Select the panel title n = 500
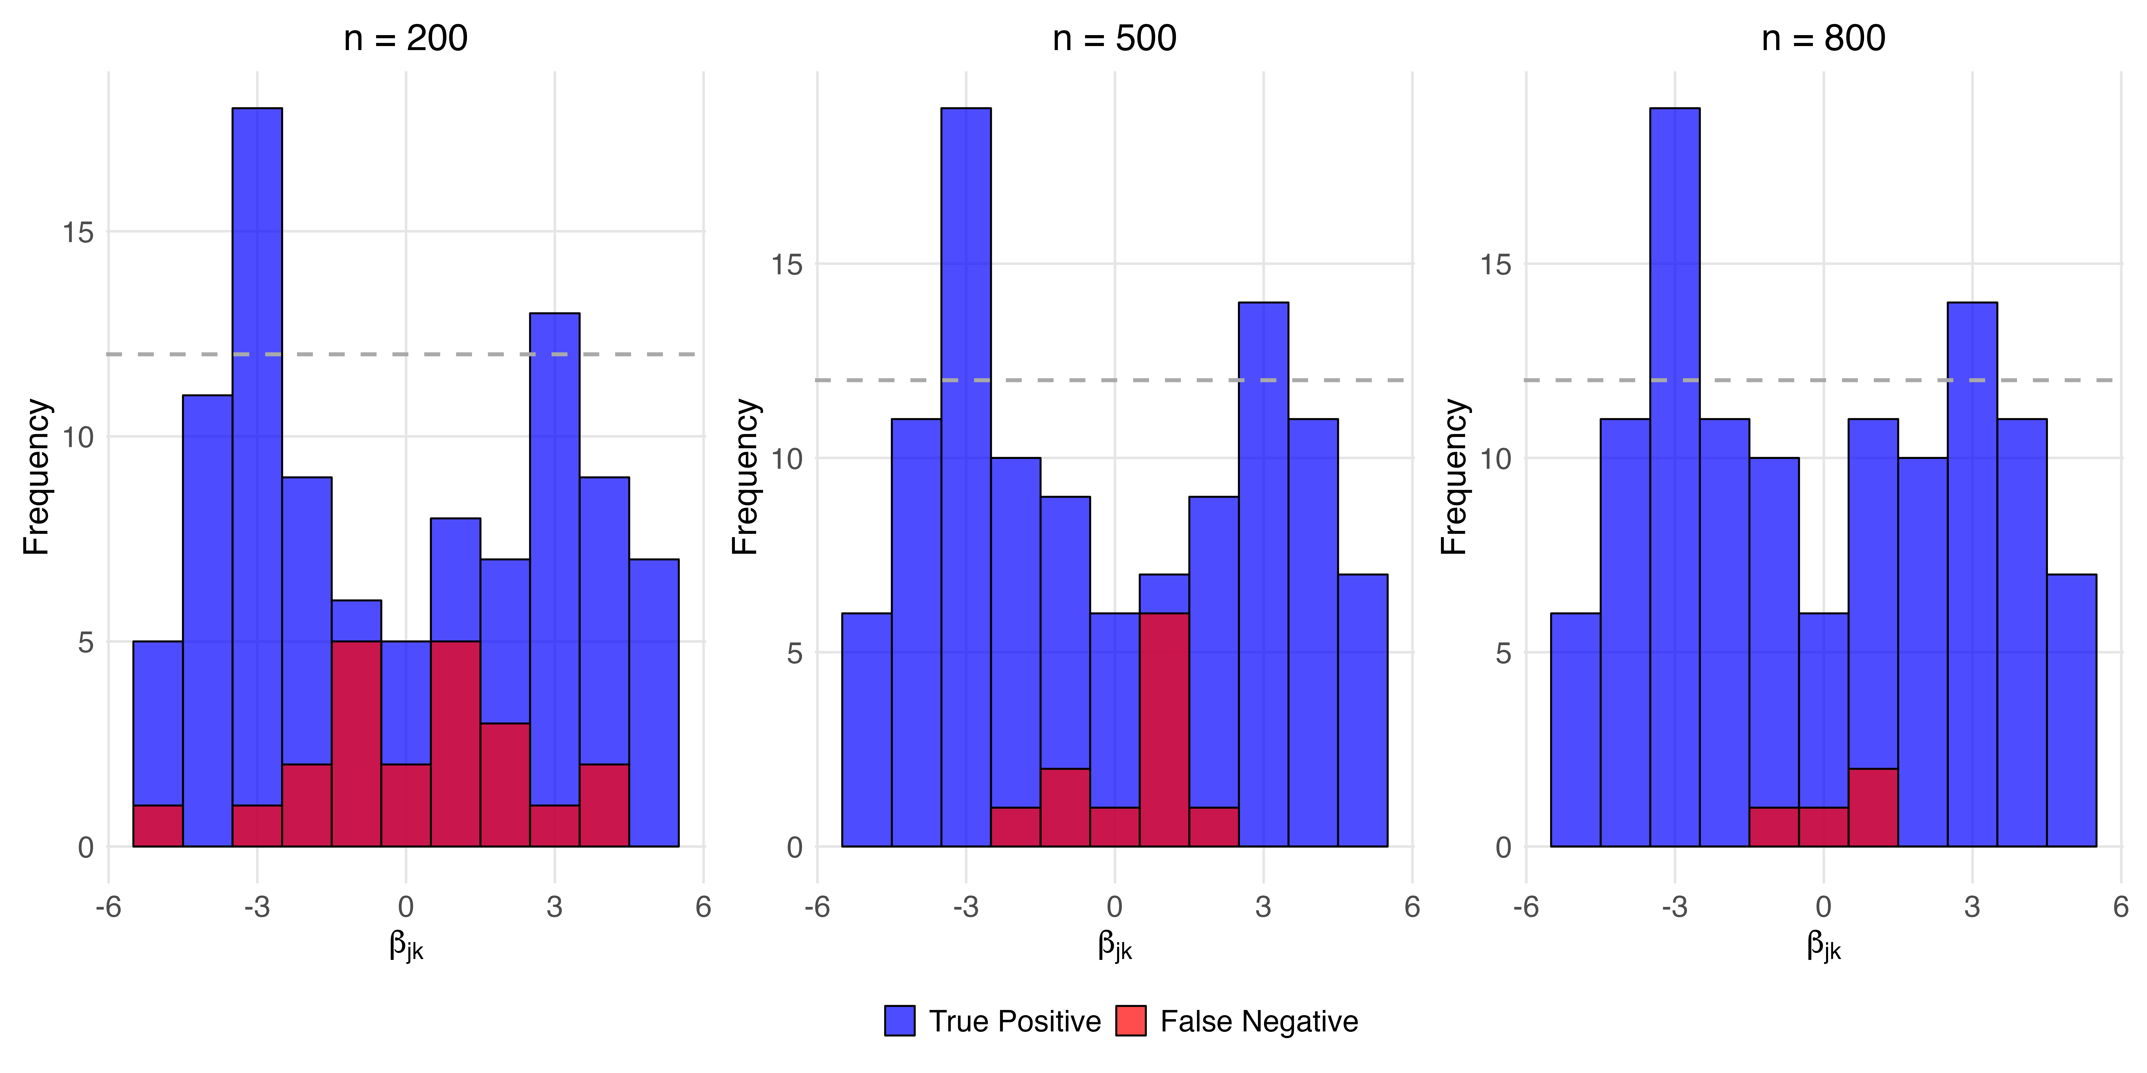pyautogui.click(x=1114, y=38)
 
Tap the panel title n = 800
pyautogui.click(x=1824, y=38)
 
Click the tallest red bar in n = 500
pyautogui.click(x=1164, y=730)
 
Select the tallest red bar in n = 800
pyautogui.click(x=1873, y=807)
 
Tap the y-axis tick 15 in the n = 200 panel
pyautogui.click(x=78, y=232)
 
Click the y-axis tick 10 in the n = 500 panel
pyautogui.click(x=787, y=458)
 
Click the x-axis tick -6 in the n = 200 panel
pyautogui.click(x=108, y=906)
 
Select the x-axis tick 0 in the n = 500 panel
pyautogui.click(x=1114, y=906)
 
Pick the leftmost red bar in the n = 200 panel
pyautogui.click(x=157, y=826)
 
